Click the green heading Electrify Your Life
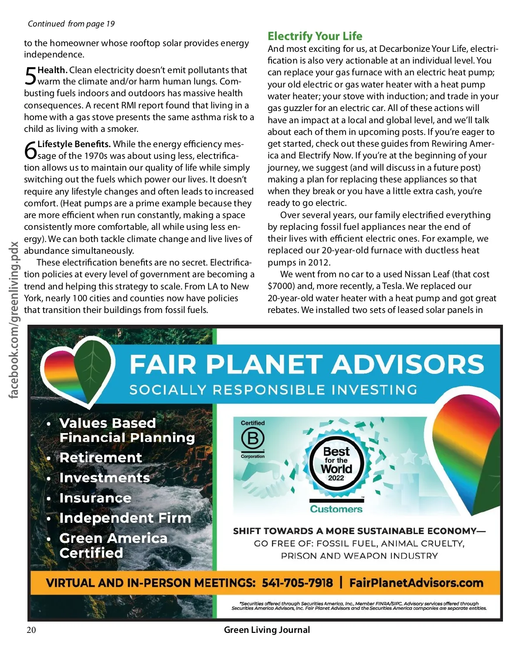pyautogui.click(x=315, y=36)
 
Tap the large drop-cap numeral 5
pyautogui.click(x=30, y=76)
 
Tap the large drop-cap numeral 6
pyautogui.click(x=31, y=150)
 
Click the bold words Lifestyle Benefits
pyautogui.click(x=74, y=144)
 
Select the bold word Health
pyautogui.click(x=52, y=70)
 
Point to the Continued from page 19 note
pyautogui.click(x=71, y=24)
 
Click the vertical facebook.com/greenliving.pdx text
pyautogui.click(x=14, y=320)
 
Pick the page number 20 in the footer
pyautogui.click(x=31, y=630)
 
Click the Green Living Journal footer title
pyautogui.click(x=267, y=630)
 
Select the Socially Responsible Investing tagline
pyautogui.click(x=273, y=390)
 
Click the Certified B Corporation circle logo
pyautogui.click(x=253, y=438)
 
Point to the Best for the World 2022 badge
pyautogui.click(x=336, y=464)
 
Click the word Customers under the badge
pyautogui.click(x=336, y=509)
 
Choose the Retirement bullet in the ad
pyautogui.click(x=101, y=457)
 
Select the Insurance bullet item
pyautogui.click(x=95, y=498)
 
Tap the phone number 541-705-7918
pyautogui.click(x=297, y=583)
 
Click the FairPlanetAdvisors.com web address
pyautogui.click(x=416, y=583)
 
